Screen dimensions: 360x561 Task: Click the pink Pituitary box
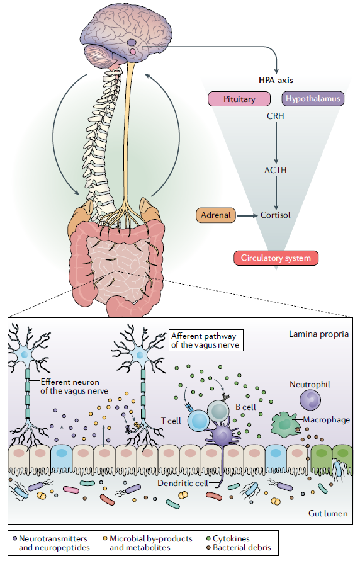239,99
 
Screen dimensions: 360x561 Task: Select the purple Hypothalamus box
313,99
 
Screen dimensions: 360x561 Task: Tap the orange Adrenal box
216,215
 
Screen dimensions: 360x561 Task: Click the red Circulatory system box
276,258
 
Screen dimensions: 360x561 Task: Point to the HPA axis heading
276,81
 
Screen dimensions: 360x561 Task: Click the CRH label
275,116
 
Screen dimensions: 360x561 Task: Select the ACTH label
275,170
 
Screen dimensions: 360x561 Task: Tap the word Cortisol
275,215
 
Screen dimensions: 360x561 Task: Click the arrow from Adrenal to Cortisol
247,216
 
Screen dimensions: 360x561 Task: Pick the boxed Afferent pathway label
206,340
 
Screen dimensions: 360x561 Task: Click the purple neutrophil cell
310,400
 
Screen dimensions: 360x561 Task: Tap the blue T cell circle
198,421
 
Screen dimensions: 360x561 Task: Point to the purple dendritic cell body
222,434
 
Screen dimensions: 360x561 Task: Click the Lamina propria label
318,334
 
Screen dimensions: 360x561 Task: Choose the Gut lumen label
328,513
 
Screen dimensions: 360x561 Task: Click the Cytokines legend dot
209,538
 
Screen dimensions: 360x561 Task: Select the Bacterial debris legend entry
239,547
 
